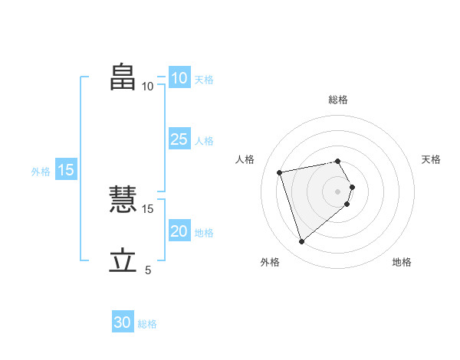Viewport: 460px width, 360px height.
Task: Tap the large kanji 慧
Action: click(x=123, y=201)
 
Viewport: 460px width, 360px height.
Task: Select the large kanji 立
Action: click(x=123, y=261)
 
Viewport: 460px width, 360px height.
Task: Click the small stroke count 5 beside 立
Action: click(x=148, y=270)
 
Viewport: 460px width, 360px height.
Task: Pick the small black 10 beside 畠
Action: click(x=147, y=86)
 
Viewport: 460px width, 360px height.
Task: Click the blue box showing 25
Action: click(x=179, y=139)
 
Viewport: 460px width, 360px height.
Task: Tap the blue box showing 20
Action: click(x=179, y=231)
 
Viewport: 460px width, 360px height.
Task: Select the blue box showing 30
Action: click(x=122, y=322)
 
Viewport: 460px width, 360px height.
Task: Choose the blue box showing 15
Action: click(x=66, y=170)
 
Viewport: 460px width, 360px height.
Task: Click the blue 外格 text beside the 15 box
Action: click(x=41, y=172)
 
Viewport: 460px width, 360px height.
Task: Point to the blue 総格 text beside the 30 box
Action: click(x=147, y=324)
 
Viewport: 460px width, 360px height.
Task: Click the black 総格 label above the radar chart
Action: click(x=338, y=100)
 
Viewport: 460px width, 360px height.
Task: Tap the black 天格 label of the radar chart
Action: click(x=431, y=159)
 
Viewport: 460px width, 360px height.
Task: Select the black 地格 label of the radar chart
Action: click(x=402, y=262)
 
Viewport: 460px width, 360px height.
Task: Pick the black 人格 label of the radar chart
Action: click(x=245, y=159)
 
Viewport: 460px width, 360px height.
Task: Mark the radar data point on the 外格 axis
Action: click(x=302, y=242)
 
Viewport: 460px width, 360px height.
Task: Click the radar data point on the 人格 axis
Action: click(x=280, y=172)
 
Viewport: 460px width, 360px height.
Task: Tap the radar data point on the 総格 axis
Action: click(x=338, y=161)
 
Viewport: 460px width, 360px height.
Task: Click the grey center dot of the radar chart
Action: click(x=338, y=191)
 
